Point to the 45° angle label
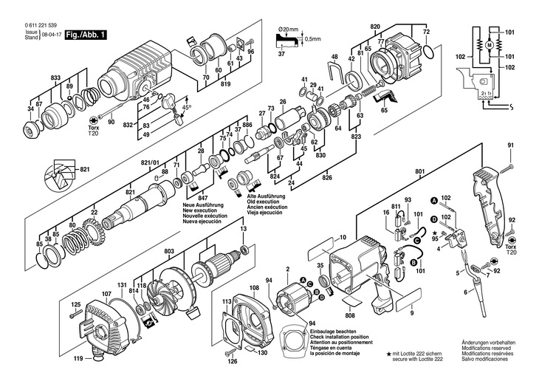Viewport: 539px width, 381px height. click(188, 106)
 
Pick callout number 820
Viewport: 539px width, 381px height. click(375, 27)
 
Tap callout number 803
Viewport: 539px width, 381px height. click(168, 253)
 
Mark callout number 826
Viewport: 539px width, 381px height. click(328, 178)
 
